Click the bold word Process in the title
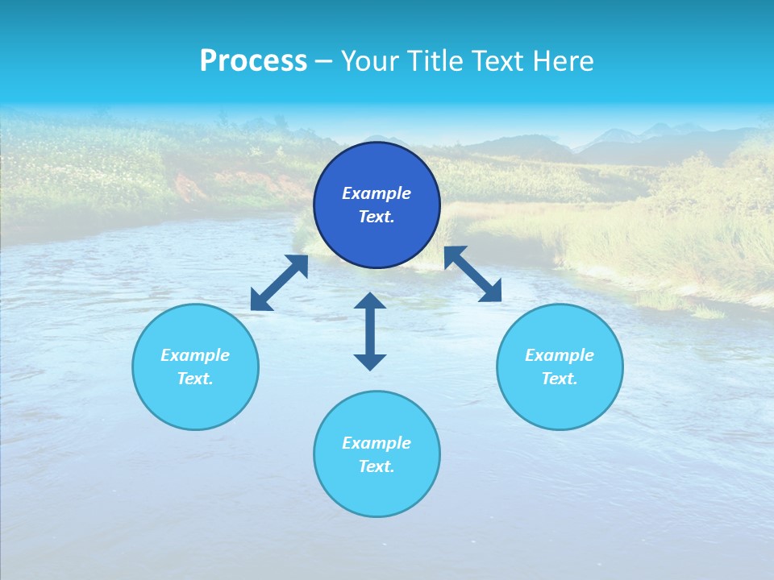pos(253,61)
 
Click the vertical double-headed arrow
pos(370,331)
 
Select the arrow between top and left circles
pos(279,283)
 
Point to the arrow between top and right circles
pos(473,274)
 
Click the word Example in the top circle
pos(377,193)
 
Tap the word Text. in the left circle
pos(195,379)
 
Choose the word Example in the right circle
pos(560,355)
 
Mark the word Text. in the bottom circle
pos(377,466)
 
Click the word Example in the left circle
pos(195,355)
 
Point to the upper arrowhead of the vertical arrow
pos(370,301)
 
